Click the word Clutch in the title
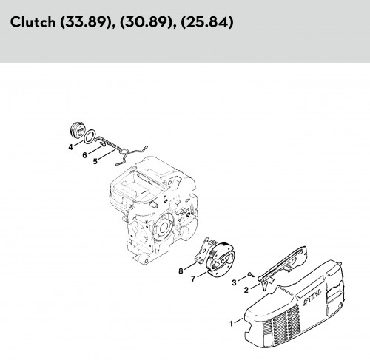coord(33,22)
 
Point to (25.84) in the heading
coord(207,22)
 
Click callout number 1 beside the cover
coord(232,324)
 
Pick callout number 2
coord(246,290)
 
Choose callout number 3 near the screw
coord(234,282)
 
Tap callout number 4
coord(71,147)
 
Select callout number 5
coord(95,161)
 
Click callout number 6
coord(84,155)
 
